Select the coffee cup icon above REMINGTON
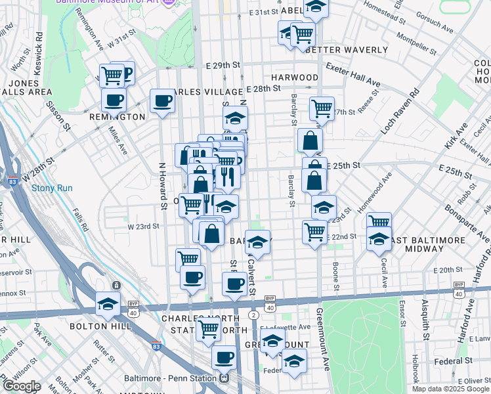114,100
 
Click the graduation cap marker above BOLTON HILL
108,304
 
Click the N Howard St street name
163,186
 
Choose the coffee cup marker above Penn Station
224,358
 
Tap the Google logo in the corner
21,386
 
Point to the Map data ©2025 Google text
450,389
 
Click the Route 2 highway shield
252,316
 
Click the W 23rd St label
143,226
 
